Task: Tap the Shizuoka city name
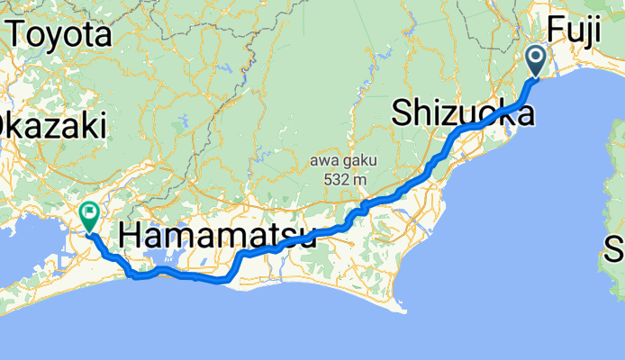point(463,114)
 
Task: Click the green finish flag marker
point(90,215)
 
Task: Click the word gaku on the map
point(358,160)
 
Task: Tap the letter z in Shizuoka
point(447,114)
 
